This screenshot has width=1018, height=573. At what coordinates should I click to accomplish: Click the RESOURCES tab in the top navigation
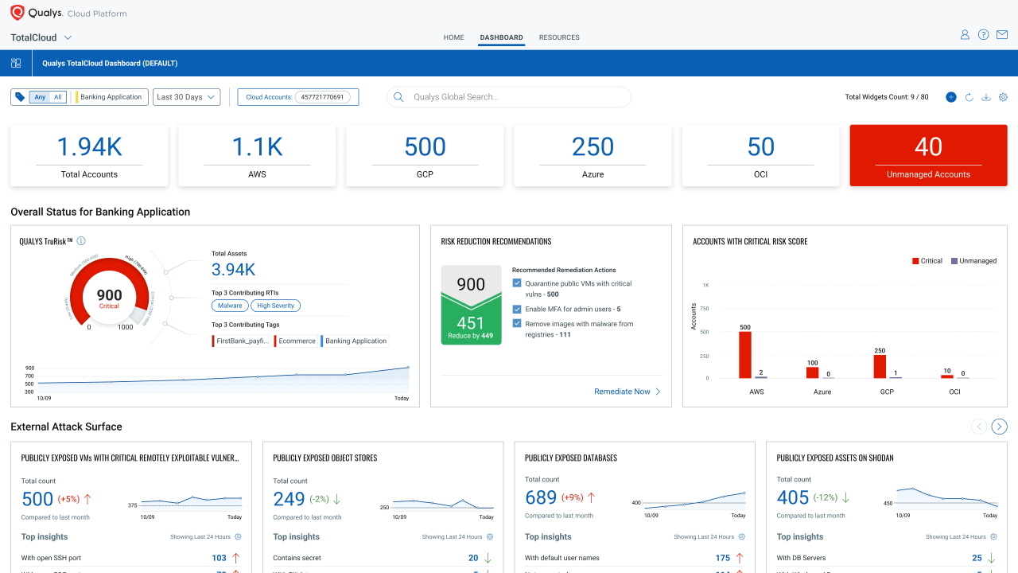coord(559,37)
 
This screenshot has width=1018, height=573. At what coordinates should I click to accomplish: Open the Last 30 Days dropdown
coord(186,97)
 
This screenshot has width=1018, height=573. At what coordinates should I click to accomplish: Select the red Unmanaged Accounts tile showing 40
coord(928,155)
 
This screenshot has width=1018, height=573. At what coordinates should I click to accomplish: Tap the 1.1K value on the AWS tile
coord(257,146)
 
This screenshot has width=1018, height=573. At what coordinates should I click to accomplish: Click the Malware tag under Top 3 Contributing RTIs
coord(230,306)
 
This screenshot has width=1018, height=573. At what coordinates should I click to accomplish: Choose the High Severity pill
coord(275,306)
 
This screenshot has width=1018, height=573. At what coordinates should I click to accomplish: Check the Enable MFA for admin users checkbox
coord(517,310)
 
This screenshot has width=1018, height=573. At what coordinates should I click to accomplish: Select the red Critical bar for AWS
coord(744,354)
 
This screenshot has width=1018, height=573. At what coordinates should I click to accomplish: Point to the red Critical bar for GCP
coord(880,366)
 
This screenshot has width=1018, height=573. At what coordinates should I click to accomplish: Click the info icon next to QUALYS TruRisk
coord(81,241)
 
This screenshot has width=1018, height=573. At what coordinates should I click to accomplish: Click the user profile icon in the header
coord(965,35)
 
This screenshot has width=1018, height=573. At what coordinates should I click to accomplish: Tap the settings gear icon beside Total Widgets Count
coord(1003,97)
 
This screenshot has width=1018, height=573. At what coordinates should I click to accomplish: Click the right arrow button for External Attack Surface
coord(1000,427)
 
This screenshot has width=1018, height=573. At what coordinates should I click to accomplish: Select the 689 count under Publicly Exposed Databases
coord(541,498)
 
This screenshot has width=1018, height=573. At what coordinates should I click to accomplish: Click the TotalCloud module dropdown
coord(41,37)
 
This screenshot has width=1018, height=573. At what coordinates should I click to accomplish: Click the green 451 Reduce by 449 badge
coord(471,325)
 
